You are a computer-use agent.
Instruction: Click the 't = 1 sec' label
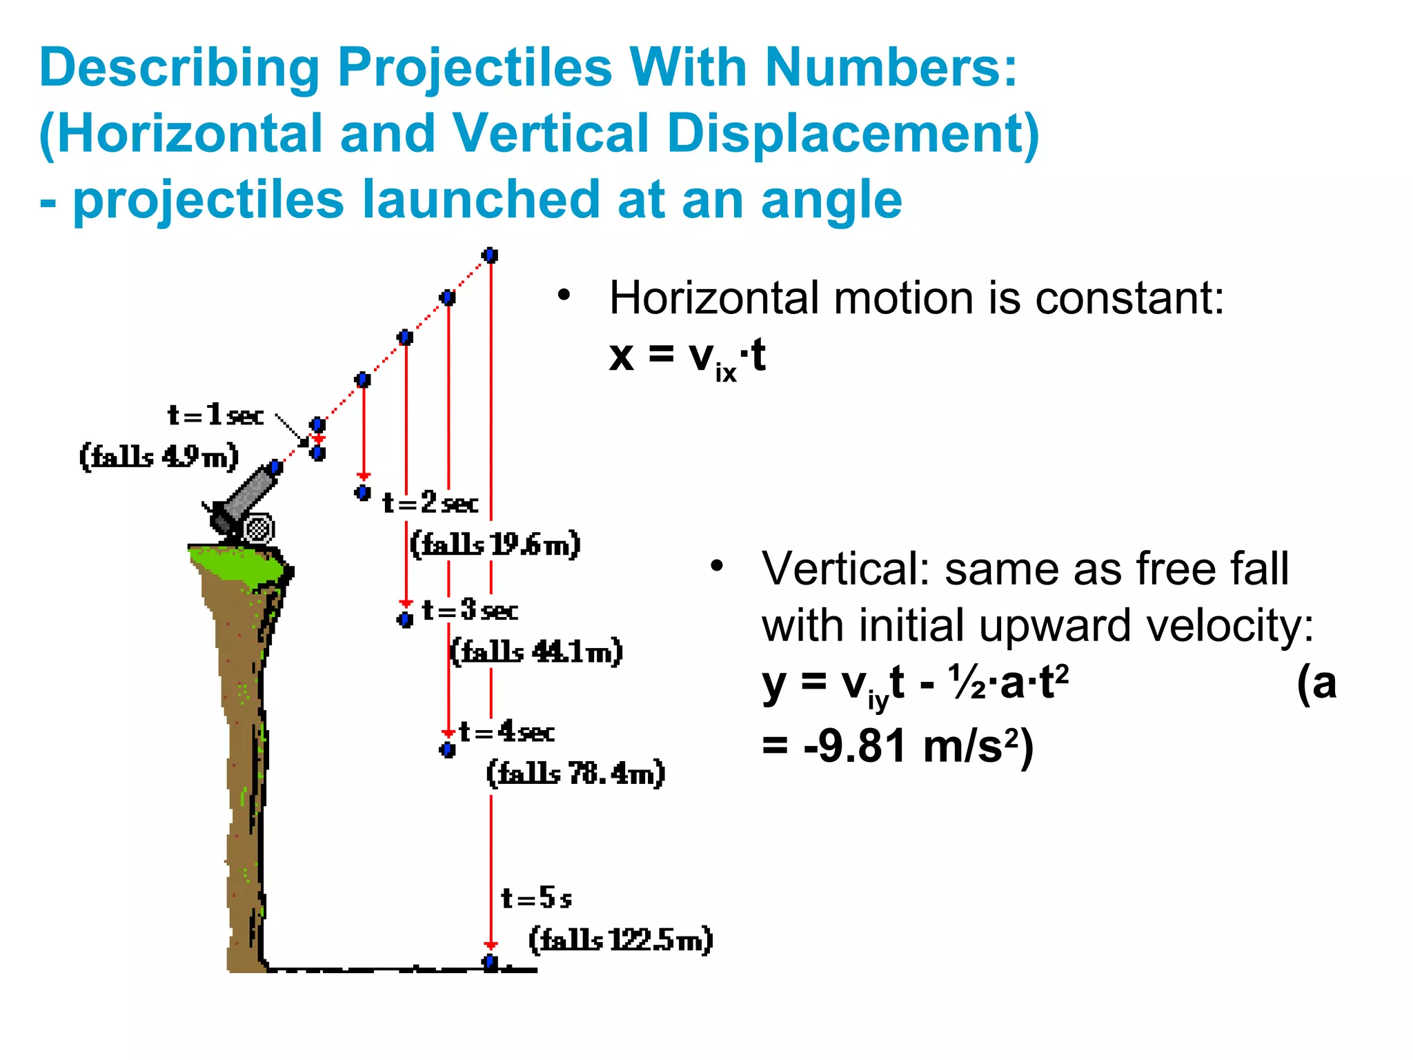coord(215,415)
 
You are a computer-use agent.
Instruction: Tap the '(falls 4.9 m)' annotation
coord(159,457)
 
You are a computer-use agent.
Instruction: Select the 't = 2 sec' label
coord(431,502)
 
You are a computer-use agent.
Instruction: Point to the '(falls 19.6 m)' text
coord(495,544)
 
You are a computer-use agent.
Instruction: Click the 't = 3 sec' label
coord(470,610)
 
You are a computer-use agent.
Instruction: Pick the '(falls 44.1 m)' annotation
coord(536,651)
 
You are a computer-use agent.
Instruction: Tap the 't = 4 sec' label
coord(506,732)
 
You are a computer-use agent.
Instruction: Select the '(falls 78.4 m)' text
coord(576,773)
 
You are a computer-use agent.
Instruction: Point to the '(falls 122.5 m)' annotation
coord(621,940)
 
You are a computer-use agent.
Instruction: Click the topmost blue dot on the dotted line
coord(491,255)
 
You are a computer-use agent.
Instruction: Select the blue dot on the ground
coord(491,961)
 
